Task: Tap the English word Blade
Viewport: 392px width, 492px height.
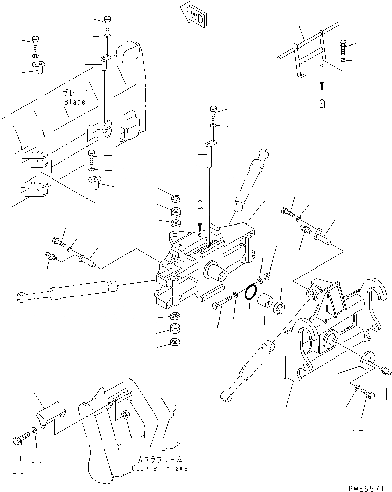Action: pyautogui.click(x=74, y=102)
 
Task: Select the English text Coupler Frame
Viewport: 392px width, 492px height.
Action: pyautogui.click(x=159, y=468)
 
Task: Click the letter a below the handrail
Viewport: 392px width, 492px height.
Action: pyautogui.click(x=322, y=104)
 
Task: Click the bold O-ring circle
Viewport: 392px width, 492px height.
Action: pyautogui.click(x=250, y=293)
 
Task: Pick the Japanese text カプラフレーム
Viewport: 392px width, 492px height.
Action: pyautogui.click(x=159, y=459)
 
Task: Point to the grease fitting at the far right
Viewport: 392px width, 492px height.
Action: pyautogui.click(x=385, y=371)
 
